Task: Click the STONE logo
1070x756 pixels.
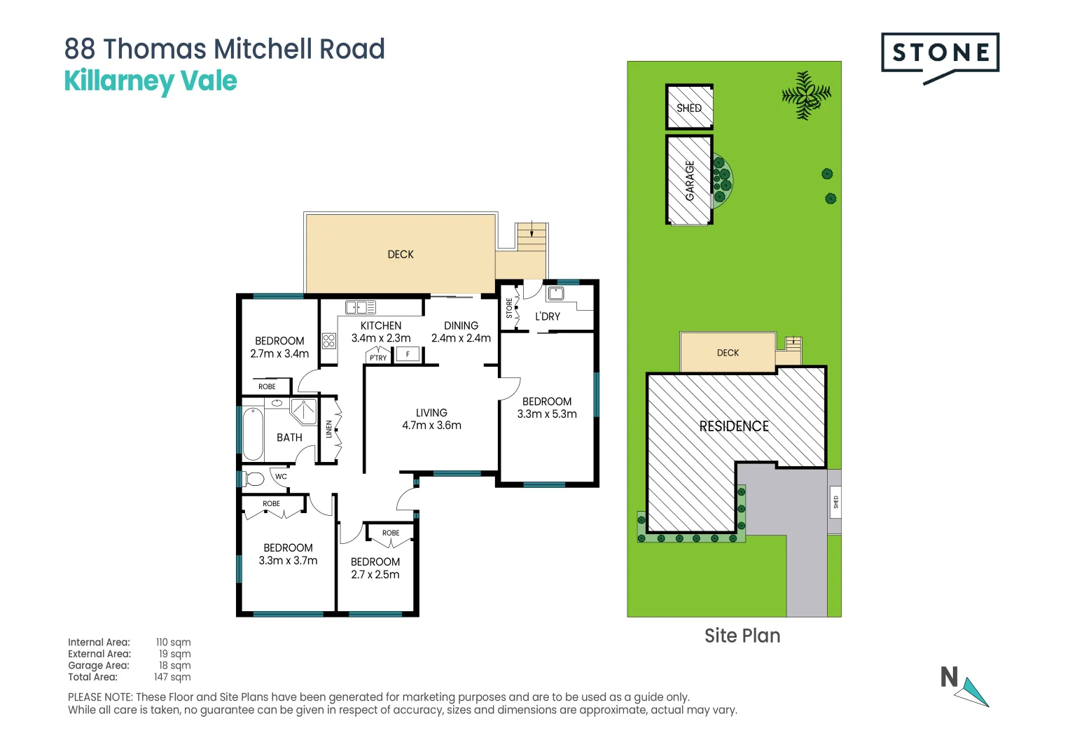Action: (940, 54)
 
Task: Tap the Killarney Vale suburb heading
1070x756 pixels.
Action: (151, 81)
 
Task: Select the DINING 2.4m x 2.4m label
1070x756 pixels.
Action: (461, 332)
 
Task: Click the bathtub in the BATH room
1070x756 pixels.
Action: (253, 434)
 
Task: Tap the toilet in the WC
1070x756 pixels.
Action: (254, 479)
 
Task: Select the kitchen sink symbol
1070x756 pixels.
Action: (361, 307)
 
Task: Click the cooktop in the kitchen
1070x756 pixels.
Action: (329, 341)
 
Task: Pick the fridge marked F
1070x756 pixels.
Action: (408, 354)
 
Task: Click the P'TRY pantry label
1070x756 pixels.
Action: (378, 358)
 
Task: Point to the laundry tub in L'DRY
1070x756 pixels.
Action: (556, 293)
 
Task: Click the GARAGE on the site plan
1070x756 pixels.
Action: (689, 181)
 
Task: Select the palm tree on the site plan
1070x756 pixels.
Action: (805, 94)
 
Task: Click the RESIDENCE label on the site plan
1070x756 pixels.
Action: (734, 426)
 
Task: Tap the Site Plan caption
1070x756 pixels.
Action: (742, 636)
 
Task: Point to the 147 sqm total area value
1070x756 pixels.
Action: (172, 677)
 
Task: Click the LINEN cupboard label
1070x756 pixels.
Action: (329, 429)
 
